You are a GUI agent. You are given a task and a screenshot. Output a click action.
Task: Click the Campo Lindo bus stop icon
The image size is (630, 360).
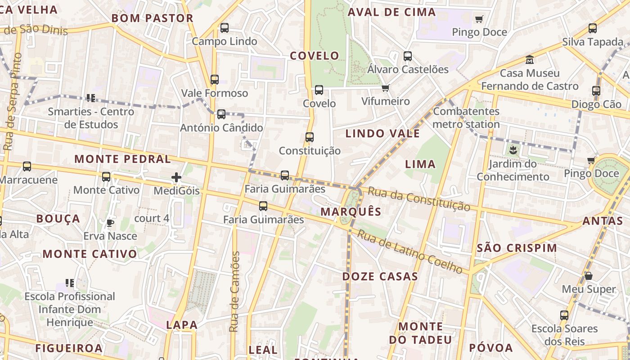[225, 28]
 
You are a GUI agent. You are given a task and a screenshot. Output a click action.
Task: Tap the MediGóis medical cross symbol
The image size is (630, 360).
[176, 178]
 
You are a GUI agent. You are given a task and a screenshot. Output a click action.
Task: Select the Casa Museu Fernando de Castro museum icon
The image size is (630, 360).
[530, 59]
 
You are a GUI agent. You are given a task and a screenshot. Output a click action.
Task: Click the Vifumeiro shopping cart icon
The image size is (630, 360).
[385, 88]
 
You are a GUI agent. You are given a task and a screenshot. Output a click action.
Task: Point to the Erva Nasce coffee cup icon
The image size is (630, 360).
[110, 222]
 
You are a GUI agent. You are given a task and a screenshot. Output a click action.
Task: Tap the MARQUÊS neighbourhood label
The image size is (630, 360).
[351, 211]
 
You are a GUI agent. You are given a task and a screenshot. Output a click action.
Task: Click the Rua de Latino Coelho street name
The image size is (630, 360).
[410, 252]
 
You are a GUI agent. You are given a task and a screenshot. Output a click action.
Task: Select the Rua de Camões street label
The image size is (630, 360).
[234, 292]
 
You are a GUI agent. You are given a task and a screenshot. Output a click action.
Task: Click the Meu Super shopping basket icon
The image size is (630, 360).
[589, 275]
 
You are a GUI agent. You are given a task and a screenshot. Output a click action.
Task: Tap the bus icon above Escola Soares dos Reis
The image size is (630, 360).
[564, 315]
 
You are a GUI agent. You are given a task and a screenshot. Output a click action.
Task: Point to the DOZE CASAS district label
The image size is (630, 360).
[380, 276]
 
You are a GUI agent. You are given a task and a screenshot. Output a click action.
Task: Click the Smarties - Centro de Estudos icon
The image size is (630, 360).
[91, 98]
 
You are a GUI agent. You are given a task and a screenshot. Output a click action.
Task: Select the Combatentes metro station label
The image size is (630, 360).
[466, 117]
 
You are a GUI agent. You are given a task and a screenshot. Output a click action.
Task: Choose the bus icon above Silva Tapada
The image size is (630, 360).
[593, 28]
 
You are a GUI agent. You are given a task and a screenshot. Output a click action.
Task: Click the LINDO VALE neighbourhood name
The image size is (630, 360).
[382, 133]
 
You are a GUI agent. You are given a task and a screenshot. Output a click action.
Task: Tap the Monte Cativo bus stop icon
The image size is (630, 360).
[106, 176]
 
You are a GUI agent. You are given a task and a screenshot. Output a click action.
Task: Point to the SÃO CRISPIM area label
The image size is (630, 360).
[517, 248]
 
